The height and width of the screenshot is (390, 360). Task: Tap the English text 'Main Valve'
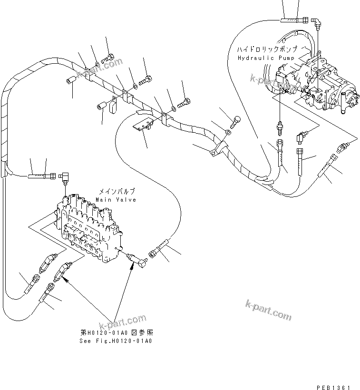pyautogui.click(x=116, y=200)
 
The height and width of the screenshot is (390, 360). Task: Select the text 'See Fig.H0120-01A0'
pyautogui.click(x=117, y=341)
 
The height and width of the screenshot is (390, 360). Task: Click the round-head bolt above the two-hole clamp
pyautogui.click(x=236, y=121)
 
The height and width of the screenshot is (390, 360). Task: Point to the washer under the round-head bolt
pyautogui.click(x=229, y=132)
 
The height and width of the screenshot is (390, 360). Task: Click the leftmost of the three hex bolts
pyautogui.click(x=108, y=58)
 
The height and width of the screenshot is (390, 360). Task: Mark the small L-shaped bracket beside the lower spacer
pyautogui.click(x=113, y=105)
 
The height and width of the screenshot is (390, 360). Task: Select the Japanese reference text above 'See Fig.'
pyautogui.click(x=117, y=333)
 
